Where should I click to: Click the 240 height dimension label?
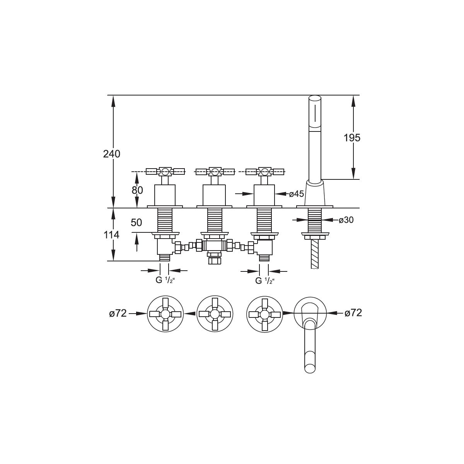[x=111, y=154]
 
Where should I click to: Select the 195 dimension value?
[x=352, y=138]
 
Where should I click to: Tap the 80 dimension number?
[x=137, y=190]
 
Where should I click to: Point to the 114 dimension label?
[x=111, y=235]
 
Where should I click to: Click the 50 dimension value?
[x=136, y=223]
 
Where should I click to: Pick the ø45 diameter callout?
[x=297, y=194]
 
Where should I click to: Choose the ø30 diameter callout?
[x=346, y=220]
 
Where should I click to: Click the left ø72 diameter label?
[x=118, y=313]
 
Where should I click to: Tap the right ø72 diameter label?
[x=353, y=313]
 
